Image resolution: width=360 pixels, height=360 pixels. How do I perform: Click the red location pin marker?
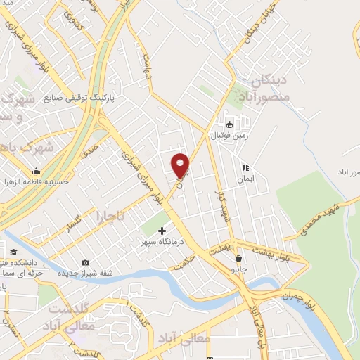tap(181, 166)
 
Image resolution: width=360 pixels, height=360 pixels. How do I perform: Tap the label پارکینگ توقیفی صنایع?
tap(79, 98)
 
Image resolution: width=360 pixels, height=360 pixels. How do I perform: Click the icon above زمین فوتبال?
tap(229, 121)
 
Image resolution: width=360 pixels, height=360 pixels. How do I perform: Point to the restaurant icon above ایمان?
tap(246, 167)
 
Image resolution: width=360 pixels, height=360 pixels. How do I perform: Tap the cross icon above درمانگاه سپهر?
tap(162, 231)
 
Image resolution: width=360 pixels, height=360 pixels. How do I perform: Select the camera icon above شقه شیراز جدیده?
tap(85, 262)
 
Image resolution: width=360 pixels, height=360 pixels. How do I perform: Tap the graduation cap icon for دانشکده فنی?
tap(13, 252)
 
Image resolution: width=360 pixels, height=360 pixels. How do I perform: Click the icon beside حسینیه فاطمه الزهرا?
tap(35, 171)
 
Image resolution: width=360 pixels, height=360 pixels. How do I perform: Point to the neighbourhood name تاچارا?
tap(111, 215)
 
